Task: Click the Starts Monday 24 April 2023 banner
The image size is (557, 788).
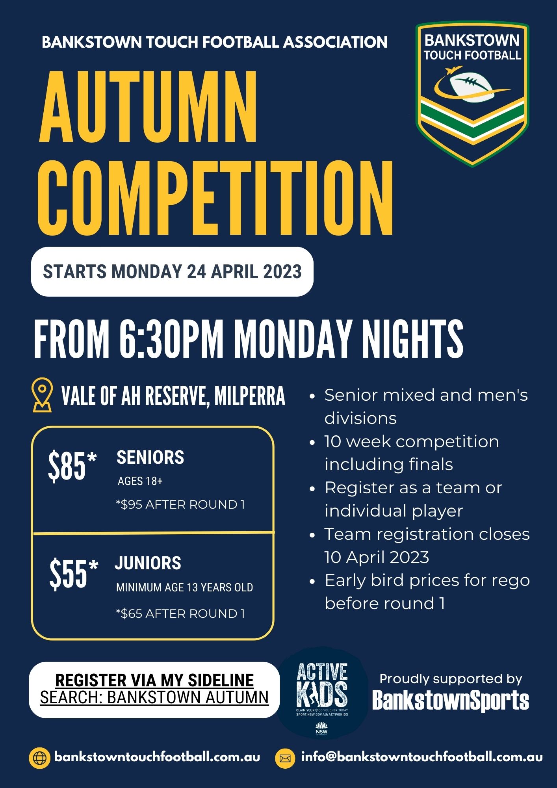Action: point(172,272)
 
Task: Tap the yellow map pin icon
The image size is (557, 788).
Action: point(43,395)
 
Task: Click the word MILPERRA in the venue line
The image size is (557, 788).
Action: point(250,396)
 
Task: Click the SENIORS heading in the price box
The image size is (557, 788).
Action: point(150,457)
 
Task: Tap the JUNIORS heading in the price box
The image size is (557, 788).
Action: point(148,563)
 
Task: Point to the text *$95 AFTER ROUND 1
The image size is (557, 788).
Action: point(180,505)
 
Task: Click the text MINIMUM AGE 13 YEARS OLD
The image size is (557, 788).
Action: point(184,587)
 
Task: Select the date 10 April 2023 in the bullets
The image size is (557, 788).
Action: point(377,557)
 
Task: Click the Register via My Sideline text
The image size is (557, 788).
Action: point(154,680)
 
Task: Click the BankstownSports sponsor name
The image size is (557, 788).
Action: point(450,701)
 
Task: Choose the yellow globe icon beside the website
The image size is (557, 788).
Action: point(40,758)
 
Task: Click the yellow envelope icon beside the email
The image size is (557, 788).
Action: point(285,758)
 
